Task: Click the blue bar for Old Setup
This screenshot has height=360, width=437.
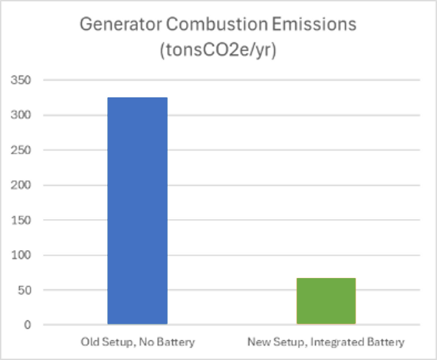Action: [x=137, y=211]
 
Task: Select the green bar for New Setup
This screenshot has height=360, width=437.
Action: [x=326, y=301]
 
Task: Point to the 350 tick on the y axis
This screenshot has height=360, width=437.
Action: [x=21, y=80]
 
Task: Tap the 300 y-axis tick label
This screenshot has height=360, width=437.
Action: [x=21, y=115]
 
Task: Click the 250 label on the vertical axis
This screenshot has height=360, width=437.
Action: [x=21, y=150]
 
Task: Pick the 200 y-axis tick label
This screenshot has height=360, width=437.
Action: [x=21, y=185]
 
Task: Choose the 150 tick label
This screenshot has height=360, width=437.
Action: [x=21, y=221]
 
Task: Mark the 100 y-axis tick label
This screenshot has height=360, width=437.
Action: [x=21, y=255]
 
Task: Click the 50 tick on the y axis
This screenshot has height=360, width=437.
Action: [x=24, y=290]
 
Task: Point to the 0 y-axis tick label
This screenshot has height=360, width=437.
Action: [x=27, y=325]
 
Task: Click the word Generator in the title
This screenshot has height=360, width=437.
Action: [x=120, y=24]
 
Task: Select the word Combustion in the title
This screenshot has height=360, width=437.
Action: [x=217, y=24]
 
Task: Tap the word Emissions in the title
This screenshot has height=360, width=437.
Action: [x=314, y=24]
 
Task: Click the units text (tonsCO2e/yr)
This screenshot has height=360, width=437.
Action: [x=218, y=50]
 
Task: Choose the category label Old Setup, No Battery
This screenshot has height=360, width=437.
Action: [x=138, y=342]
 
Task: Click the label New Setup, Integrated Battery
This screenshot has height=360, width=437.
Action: [x=326, y=342]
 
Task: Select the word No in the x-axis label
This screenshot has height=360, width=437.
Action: [x=147, y=342]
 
